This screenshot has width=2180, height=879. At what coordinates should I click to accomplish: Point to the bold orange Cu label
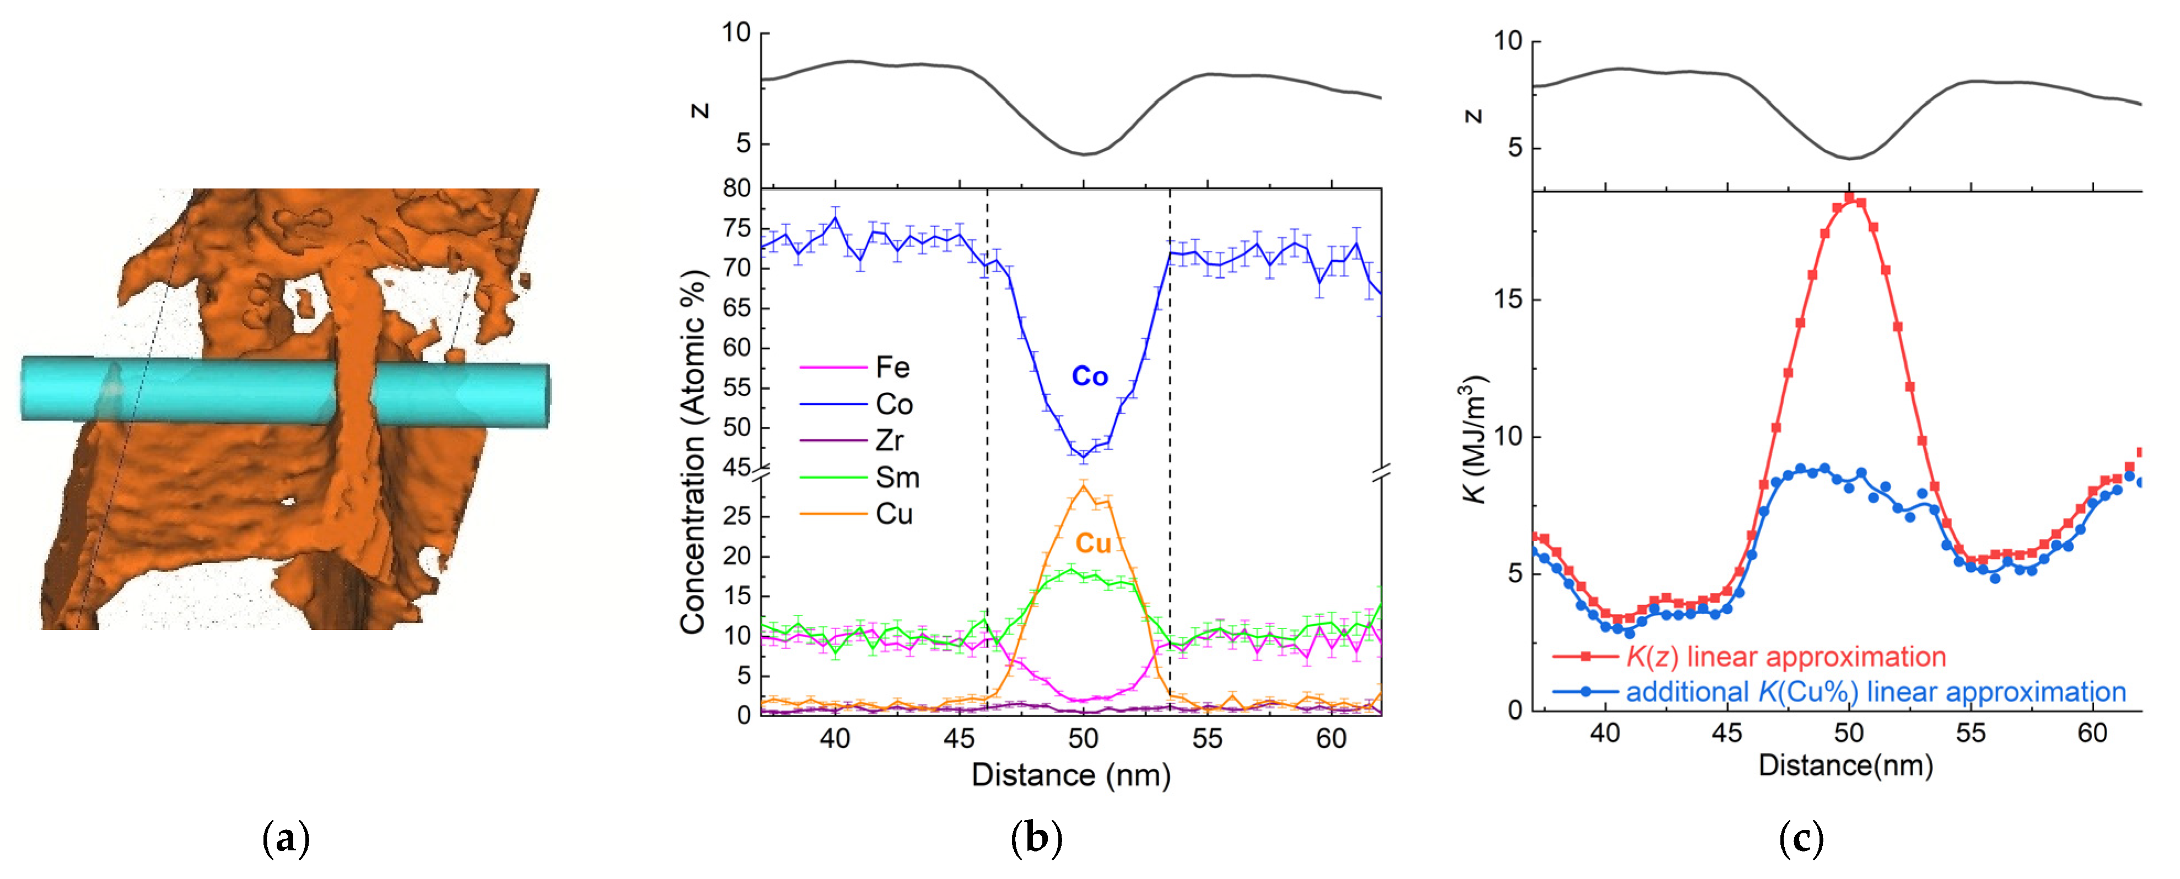coord(1092,543)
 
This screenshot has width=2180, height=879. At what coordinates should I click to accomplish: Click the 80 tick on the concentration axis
coord(736,188)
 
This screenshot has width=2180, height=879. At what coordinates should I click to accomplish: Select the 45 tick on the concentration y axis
coord(736,467)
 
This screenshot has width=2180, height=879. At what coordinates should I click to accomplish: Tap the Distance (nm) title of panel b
coord(1070,775)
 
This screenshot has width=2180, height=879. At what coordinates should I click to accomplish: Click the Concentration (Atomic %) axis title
coord(692,452)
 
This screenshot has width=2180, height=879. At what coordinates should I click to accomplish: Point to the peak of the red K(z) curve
coord(1849,198)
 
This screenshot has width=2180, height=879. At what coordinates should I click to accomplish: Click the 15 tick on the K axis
coord(1507,299)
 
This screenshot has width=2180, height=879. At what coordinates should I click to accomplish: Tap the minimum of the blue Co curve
coord(1083,458)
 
